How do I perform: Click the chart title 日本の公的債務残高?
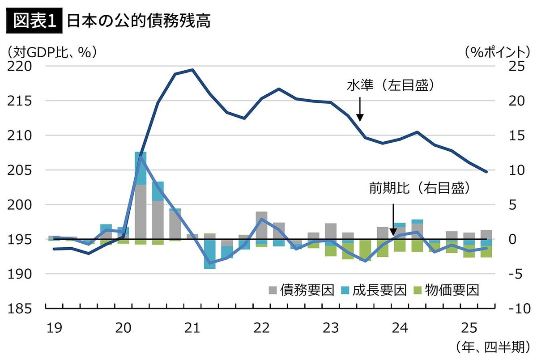(138, 21)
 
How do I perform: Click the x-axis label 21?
(192, 328)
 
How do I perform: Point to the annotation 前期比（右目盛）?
(419, 189)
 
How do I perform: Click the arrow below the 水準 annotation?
(360, 110)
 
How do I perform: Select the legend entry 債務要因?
(301, 290)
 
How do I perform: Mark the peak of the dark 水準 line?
(192, 70)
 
